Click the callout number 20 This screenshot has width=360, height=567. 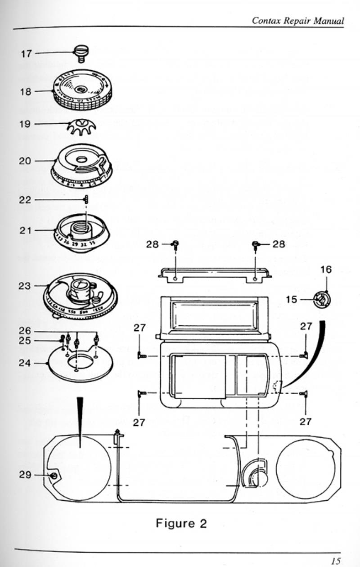click(25, 161)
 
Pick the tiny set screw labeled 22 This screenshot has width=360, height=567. click(85, 199)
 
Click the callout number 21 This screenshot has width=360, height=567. click(25, 230)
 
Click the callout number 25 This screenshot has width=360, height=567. click(25, 341)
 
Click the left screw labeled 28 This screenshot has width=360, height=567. click(176, 244)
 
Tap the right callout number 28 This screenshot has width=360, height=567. click(279, 244)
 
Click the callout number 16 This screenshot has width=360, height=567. click(326, 270)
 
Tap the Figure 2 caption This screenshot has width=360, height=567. click(181, 523)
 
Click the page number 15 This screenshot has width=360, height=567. click(336, 562)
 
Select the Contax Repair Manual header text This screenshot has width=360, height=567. click(298, 21)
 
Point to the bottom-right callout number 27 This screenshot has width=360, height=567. click(306, 421)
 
